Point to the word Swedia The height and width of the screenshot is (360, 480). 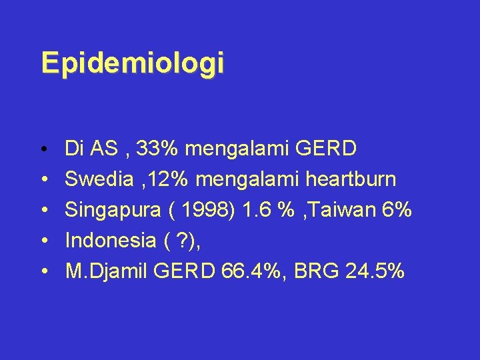pyautogui.click(x=97, y=179)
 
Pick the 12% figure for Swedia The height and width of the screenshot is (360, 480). pyautogui.click(x=161, y=179)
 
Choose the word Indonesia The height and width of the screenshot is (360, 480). pyautogui.click(x=111, y=241)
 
